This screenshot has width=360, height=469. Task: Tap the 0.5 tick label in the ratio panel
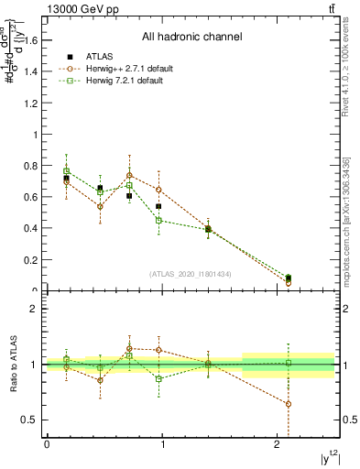click(30, 420)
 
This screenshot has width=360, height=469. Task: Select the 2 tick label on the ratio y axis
click(35, 309)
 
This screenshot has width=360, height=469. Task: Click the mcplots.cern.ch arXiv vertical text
click(346, 221)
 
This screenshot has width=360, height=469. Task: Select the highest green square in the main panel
click(66, 170)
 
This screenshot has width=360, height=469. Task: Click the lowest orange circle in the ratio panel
click(289, 404)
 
